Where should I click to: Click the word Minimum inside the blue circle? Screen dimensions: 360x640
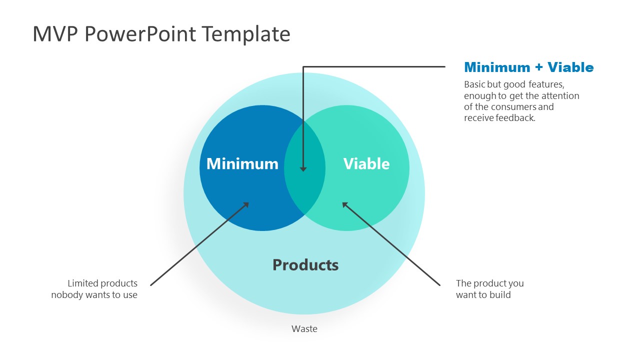[x=242, y=164]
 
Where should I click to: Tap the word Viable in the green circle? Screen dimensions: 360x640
[x=366, y=164]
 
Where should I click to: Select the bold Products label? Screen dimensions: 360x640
[x=305, y=265]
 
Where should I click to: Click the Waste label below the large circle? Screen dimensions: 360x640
[x=304, y=329]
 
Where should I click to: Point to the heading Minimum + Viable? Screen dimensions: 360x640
[x=528, y=67]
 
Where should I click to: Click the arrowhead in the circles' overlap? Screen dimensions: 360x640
[x=303, y=169]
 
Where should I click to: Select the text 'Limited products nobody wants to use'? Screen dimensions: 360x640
[x=94, y=289]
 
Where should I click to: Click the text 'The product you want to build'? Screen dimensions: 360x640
[x=489, y=289]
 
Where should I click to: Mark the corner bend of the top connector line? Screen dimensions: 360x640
[x=303, y=66]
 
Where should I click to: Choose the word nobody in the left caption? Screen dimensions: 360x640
[x=66, y=295]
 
